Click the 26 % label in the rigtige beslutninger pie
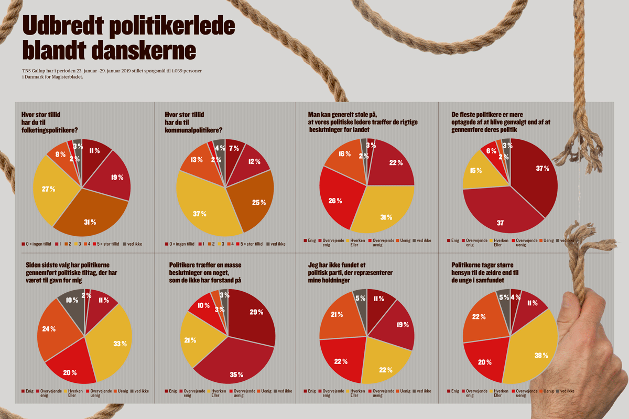[x=336, y=200]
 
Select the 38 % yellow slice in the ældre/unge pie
[x=540, y=355]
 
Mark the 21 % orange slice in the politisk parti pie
[x=337, y=314]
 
